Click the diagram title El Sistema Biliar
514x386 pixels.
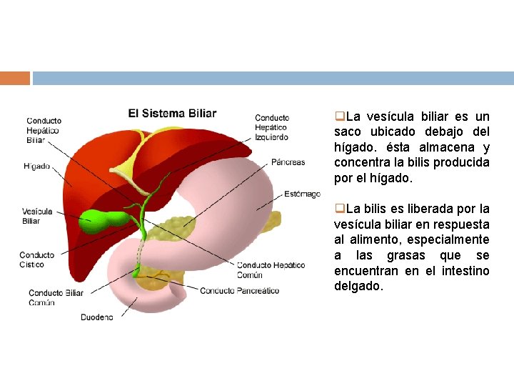coord(172,113)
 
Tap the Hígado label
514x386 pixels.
coord(36,167)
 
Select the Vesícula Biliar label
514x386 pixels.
coord(36,216)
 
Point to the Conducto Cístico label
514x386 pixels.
coord(36,259)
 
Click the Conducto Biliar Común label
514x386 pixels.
coord(56,297)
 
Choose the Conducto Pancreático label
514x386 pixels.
coord(239,290)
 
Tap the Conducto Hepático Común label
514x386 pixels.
coord(271,269)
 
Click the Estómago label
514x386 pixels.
coord(302,194)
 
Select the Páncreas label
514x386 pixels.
coord(288,162)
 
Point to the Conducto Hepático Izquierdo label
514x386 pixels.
coord(272,127)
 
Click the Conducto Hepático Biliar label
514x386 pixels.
coord(44,130)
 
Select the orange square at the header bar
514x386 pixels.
coord(15,78)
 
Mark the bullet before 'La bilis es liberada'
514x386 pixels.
coord(340,209)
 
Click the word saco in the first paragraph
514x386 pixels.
coord(349,132)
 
